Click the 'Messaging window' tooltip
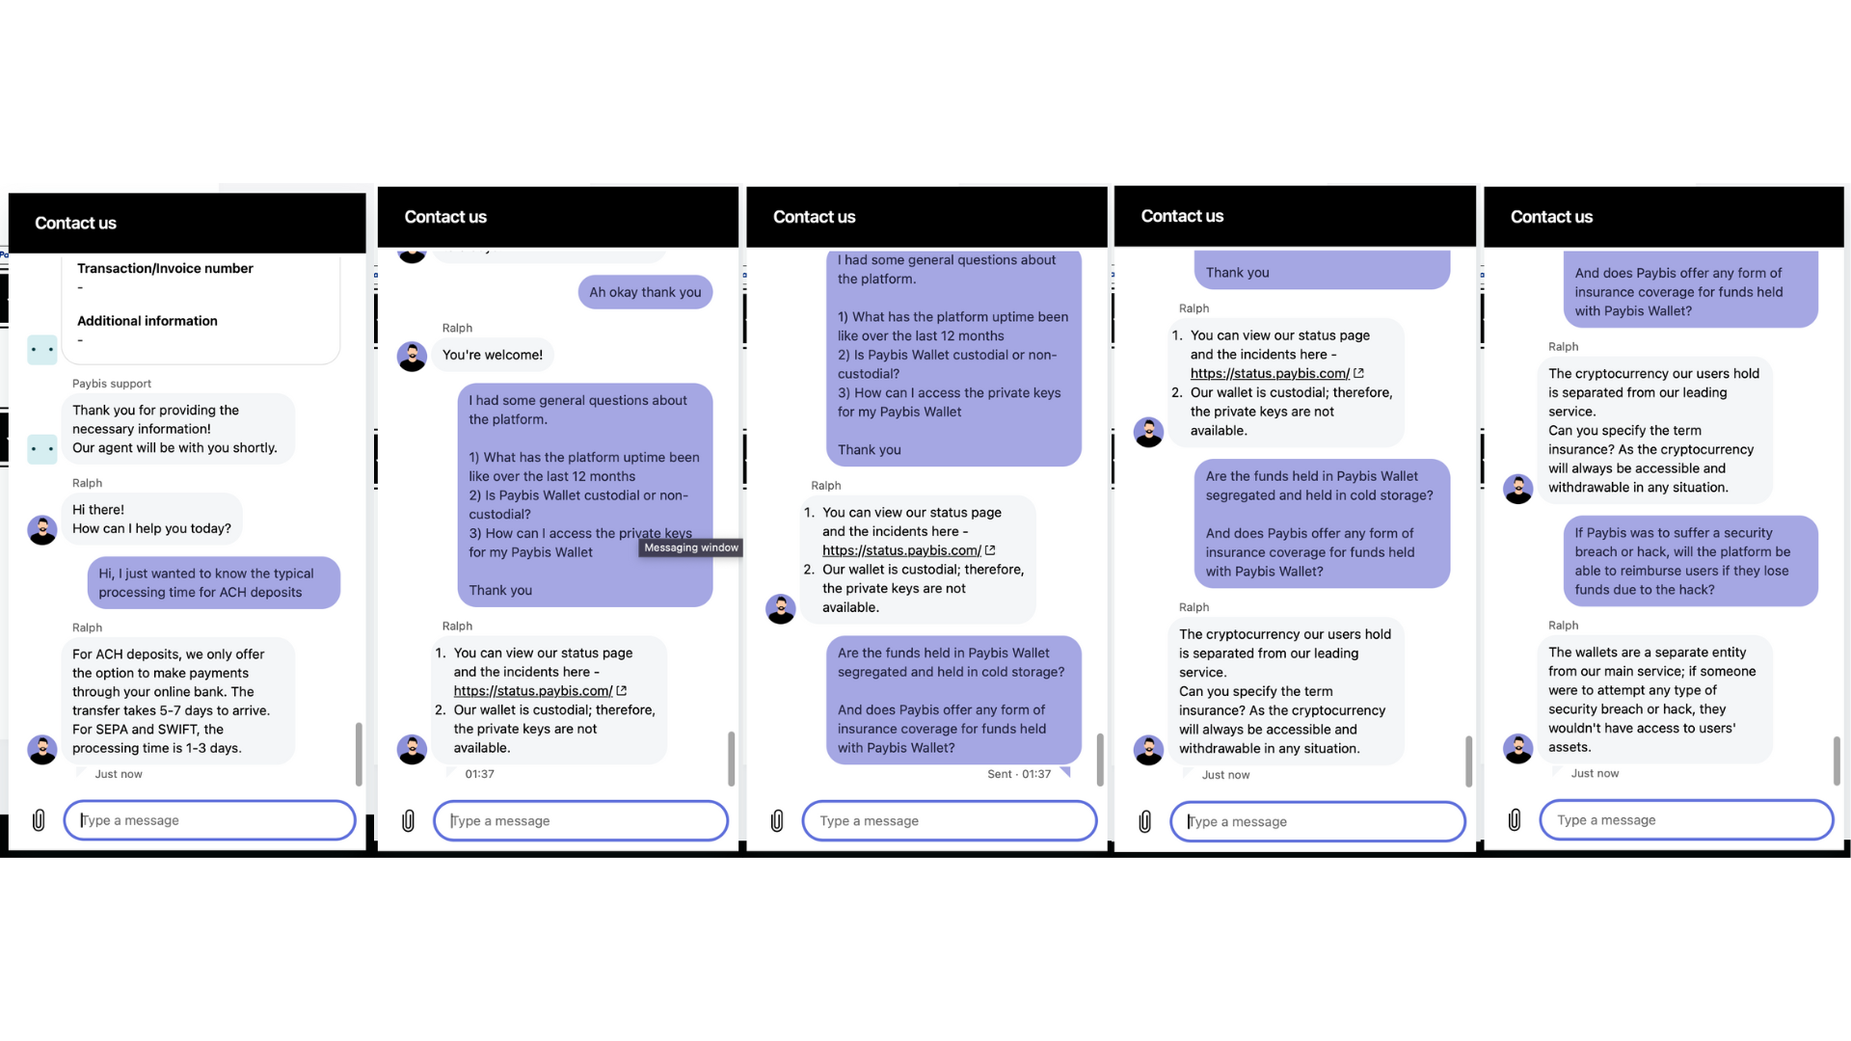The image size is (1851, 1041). click(691, 547)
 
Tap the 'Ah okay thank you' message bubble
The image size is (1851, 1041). click(645, 292)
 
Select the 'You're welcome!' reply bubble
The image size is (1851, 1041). click(492, 355)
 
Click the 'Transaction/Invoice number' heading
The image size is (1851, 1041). click(165, 268)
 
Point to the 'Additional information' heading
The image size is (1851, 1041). click(148, 321)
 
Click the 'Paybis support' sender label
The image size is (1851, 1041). click(112, 384)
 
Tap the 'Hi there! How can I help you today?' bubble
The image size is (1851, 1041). click(151, 519)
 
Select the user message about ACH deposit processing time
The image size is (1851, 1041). click(213, 583)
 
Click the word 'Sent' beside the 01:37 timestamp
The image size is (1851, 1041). click(1000, 774)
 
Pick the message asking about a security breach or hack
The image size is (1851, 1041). click(1690, 561)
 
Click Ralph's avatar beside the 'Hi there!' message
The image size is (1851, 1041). click(42, 529)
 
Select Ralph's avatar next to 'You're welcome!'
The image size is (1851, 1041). click(412, 356)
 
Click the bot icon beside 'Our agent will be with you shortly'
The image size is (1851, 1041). click(42, 448)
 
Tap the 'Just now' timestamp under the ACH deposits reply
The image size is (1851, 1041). click(119, 774)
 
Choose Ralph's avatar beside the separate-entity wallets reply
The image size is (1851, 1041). click(1517, 748)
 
